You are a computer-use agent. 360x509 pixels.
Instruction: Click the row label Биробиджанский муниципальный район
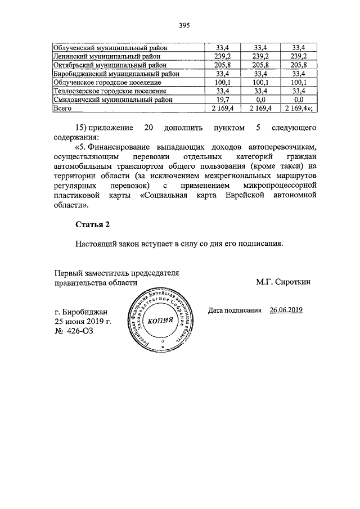(x=116, y=73)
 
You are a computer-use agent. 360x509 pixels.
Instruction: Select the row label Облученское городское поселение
(x=108, y=82)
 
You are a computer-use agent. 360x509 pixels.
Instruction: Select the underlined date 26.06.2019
(x=286, y=310)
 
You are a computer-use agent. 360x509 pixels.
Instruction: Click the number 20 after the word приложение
(x=148, y=128)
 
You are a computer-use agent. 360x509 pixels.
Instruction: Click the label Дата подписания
(x=235, y=310)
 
